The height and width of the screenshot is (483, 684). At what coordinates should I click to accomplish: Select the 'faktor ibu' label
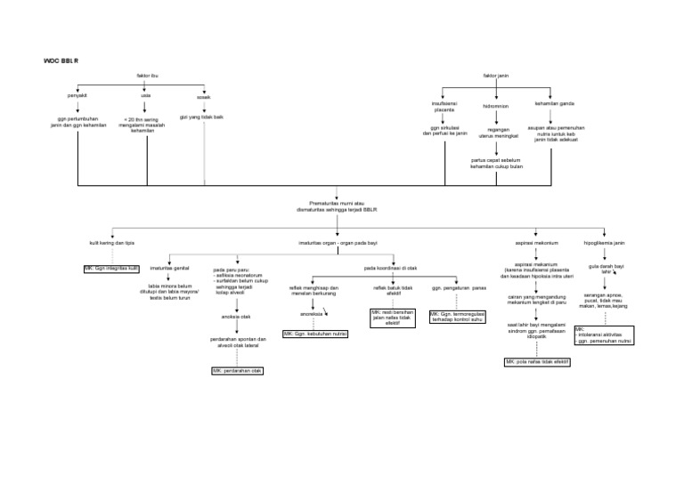[148, 77]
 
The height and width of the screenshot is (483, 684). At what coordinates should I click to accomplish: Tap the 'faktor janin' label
[496, 77]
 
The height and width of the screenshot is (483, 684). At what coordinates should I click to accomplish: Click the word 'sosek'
[204, 97]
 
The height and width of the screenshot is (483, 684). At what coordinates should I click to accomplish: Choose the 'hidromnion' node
[496, 105]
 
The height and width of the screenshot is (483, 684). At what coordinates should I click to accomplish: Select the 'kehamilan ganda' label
[554, 103]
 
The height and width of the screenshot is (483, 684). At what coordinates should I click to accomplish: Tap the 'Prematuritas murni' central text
[338, 206]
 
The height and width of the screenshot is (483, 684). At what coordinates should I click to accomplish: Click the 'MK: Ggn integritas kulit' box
[112, 267]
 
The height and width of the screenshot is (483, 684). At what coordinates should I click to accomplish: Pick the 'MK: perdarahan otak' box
[237, 370]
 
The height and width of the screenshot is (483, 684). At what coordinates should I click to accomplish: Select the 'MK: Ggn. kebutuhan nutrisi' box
[314, 334]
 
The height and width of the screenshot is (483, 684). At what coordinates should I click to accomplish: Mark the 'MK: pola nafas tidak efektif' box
[537, 363]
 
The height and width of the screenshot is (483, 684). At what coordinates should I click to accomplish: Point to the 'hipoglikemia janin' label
[604, 243]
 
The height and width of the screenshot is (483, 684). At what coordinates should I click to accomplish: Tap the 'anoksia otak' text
[236, 316]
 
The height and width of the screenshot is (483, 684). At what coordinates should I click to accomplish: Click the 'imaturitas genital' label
[169, 267]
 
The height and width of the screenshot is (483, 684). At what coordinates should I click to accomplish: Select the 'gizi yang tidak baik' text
[201, 117]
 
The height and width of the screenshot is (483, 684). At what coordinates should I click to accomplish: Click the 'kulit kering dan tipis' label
[112, 243]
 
